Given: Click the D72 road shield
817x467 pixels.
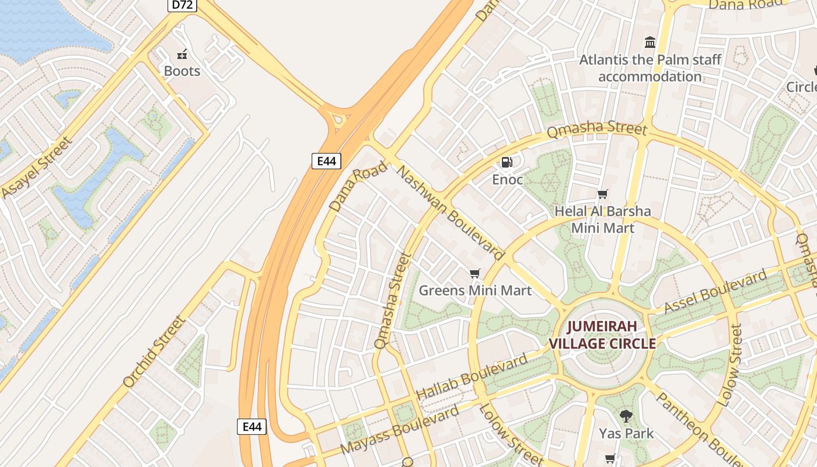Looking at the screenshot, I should click(183, 5).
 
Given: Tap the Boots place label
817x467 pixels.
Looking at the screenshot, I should click(182, 71).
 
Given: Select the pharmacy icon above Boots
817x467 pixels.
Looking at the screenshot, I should click(182, 54).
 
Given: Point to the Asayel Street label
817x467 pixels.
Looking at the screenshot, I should click(37, 168).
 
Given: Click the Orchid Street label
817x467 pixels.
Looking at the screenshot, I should click(155, 352).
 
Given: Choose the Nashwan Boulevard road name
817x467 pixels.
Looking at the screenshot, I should click(450, 212).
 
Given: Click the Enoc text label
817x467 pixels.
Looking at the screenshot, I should click(507, 180).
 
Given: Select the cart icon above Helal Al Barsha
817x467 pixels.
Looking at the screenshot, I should click(602, 194).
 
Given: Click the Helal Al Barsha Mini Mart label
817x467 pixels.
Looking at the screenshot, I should click(602, 219).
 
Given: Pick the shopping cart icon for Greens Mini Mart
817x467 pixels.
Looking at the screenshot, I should click(475, 273).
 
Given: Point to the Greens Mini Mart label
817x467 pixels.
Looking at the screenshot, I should click(475, 290).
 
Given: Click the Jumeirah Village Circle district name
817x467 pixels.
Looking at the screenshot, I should click(602, 334).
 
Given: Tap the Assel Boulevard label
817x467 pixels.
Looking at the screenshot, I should click(715, 292).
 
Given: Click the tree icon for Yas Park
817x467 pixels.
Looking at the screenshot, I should click(626, 416).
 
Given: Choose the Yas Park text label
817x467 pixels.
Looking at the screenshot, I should click(626, 434).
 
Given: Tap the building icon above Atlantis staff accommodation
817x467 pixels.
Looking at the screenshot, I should click(650, 42).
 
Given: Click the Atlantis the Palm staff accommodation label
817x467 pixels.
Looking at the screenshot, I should click(650, 68).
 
